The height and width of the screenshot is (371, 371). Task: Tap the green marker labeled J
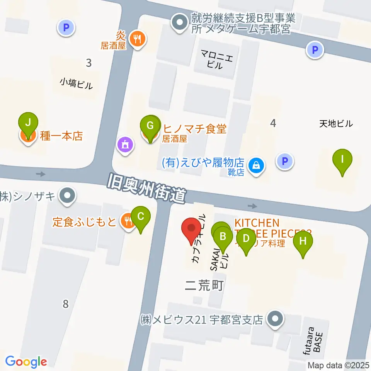(28, 124)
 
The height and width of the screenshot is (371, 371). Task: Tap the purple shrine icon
(126, 145)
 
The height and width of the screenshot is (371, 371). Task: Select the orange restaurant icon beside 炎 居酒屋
(137, 38)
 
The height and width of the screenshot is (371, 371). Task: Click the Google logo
(26, 361)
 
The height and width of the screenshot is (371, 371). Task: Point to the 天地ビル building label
(336, 124)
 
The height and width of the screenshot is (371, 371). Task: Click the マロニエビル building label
(217, 60)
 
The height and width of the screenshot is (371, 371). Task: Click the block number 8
(65, 304)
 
